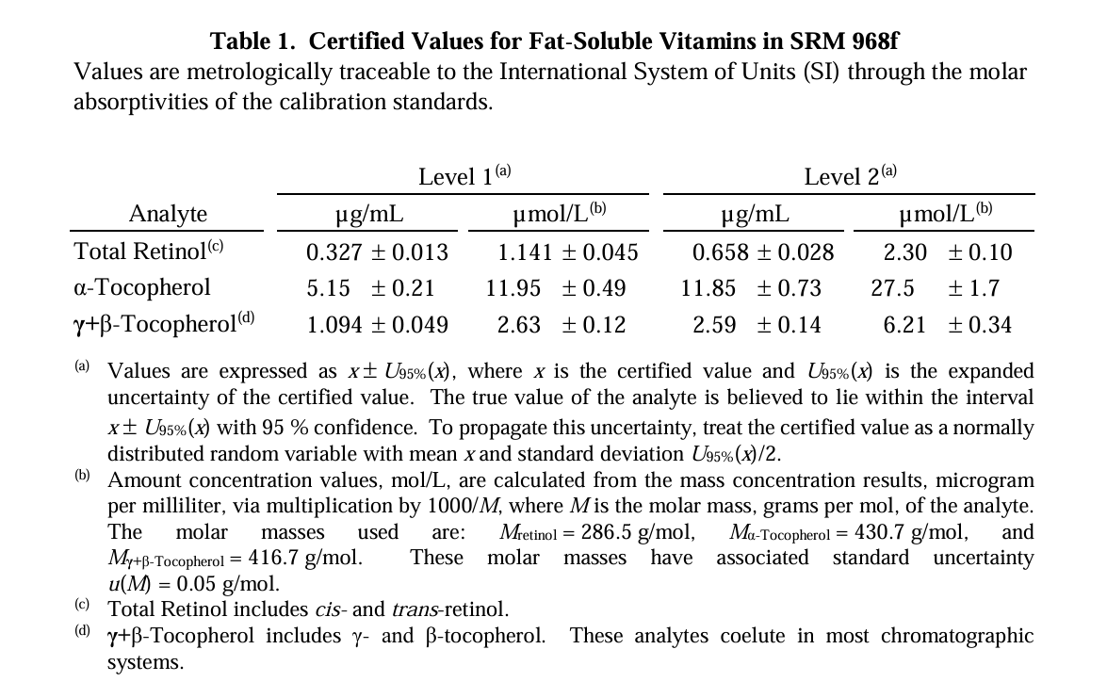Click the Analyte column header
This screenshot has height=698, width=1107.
tap(168, 213)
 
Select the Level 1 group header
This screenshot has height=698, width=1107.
tap(464, 175)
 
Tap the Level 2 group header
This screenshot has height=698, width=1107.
tap(850, 175)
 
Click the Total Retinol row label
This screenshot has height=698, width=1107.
tap(148, 251)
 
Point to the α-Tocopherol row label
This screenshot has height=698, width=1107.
tap(142, 287)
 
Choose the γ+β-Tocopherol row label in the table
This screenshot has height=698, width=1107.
tap(164, 323)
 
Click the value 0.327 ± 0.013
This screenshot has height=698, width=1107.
tap(377, 252)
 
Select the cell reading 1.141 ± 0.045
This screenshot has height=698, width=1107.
tap(567, 252)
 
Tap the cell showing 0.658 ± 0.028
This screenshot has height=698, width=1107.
tap(762, 252)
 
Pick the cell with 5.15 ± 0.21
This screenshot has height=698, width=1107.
tap(370, 288)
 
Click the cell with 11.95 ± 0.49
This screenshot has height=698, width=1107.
tap(556, 288)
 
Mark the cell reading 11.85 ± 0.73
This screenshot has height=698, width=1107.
tap(751, 288)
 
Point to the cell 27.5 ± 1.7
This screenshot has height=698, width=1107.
tap(935, 288)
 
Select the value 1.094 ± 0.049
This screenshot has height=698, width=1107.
tap(377, 325)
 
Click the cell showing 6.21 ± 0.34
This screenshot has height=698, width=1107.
tap(948, 325)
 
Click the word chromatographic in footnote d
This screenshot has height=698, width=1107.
tap(956, 636)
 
